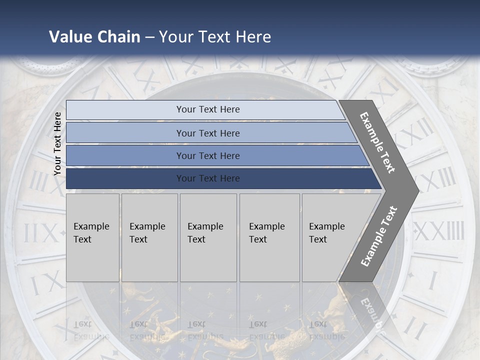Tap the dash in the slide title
point(149,37)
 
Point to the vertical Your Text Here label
point(57,143)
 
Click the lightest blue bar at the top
point(207,109)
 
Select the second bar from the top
point(207,133)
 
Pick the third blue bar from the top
point(207,155)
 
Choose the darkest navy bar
point(207,178)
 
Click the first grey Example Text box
point(92,237)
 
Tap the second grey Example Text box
point(149,237)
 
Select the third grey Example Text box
point(208,237)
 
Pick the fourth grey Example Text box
point(269,237)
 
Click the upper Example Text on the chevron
point(377,142)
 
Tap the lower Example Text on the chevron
point(379,236)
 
